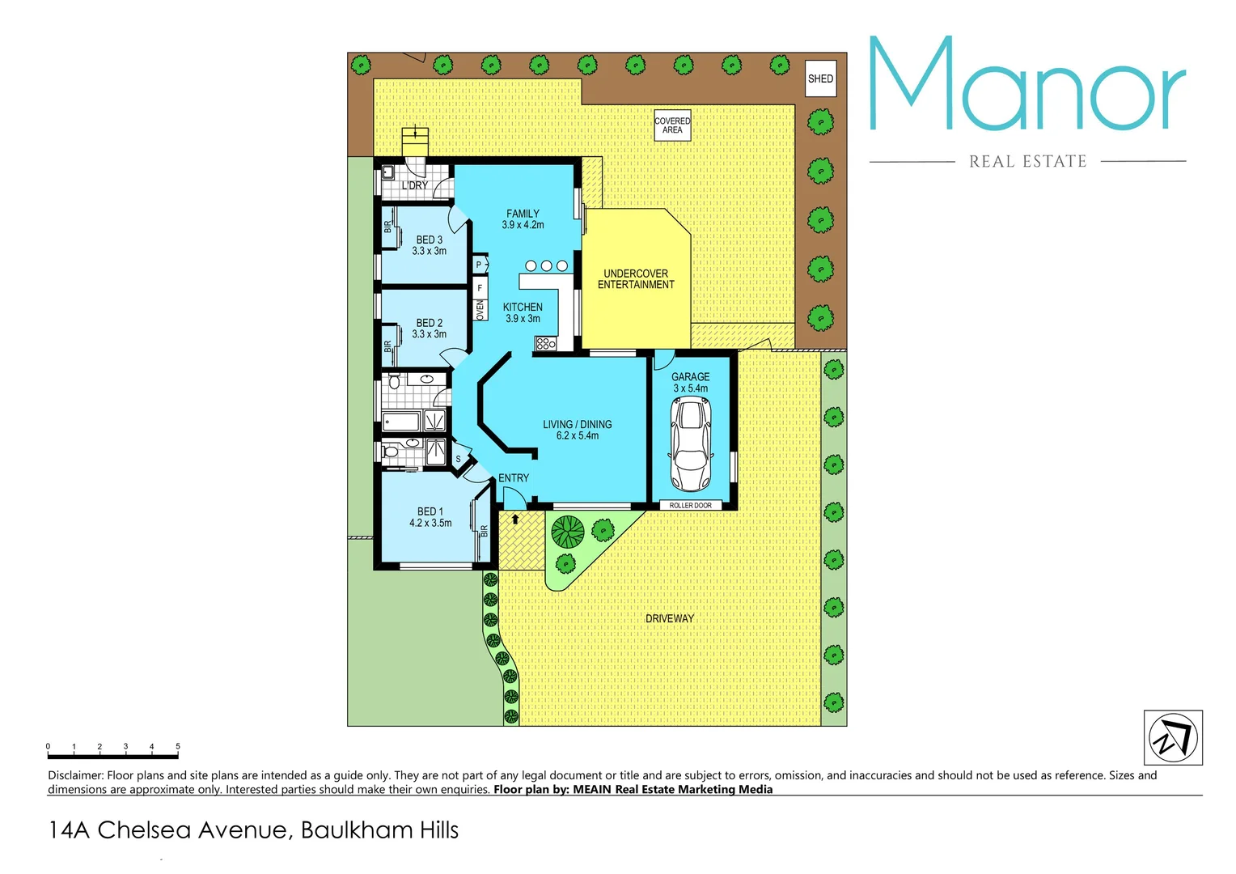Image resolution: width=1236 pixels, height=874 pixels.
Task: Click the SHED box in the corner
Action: (820, 78)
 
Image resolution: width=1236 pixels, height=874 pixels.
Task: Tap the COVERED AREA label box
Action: (672, 125)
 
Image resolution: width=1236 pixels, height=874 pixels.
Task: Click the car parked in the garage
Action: (691, 444)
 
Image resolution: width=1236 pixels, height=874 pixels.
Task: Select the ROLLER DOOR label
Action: (691, 506)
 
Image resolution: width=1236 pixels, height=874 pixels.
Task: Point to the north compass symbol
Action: (1173, 737)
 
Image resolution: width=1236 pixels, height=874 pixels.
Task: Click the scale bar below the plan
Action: (112, 757)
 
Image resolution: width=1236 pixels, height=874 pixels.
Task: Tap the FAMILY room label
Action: (523, 219)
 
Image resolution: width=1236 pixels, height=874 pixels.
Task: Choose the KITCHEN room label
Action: (523, 312)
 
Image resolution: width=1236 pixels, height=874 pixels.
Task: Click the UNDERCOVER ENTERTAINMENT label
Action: (636, 279)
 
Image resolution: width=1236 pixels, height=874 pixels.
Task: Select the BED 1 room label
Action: (430, 517)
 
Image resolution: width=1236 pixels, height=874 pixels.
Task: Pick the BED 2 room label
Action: (429, 329)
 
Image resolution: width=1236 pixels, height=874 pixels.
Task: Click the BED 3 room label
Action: (429, 245)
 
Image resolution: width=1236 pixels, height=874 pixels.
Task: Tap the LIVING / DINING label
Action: (578, 430)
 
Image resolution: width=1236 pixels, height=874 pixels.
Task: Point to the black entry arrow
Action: (515, 519)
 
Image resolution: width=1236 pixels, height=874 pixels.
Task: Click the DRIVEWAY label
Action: (670, 619)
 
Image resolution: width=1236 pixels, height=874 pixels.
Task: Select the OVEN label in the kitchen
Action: (480, 310)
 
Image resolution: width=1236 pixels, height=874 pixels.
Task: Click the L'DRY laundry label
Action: (415, 185)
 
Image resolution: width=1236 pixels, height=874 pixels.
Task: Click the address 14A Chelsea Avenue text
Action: (253, 830)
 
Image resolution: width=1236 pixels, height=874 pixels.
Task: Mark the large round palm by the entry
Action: (567, 532)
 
